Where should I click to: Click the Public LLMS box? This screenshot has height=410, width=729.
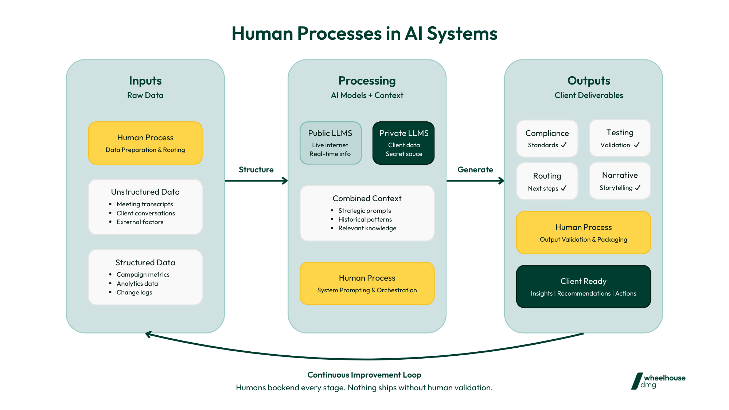tap(331, 143)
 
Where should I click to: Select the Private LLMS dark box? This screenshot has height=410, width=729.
tap(404, 143)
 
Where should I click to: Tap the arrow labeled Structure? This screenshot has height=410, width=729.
tap(256, 180)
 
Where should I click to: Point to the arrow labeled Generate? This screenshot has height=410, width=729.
tap(475, 180)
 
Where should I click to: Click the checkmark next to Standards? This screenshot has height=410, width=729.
tap(564, 145)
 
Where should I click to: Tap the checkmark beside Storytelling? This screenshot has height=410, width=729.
tap(638, 188)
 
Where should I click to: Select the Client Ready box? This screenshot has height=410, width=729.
tap(583, 286)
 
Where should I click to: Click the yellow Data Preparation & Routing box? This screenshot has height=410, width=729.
tap(145, 143)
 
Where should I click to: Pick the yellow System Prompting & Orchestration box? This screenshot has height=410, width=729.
tap(367, 283)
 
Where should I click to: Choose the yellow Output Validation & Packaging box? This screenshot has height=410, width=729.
tap(583, 233)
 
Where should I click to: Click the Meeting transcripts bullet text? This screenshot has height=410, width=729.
tap(145, 204)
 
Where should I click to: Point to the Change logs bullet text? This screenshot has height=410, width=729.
tap(134, 292)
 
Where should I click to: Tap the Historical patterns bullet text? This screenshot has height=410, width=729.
tap(365, 219)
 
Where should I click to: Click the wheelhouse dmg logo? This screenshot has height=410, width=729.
tap(658, 381)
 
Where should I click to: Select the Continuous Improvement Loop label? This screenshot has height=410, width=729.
tap(364, 375)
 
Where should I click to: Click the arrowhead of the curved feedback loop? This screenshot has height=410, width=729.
tap(148, 334)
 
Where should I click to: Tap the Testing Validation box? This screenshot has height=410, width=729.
tap(620, 138)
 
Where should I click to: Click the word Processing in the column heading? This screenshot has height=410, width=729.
tap(367, 81)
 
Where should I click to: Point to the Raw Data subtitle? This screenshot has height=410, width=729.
tap(145, 95)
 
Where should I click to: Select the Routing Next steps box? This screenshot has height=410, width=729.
tap(547, 181)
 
